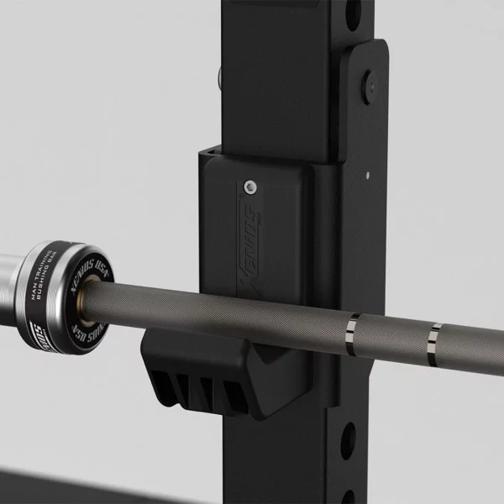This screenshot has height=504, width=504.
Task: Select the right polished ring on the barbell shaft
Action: [x=433, y=339]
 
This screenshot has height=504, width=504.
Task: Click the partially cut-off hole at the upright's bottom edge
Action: [x=346, y=496]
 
